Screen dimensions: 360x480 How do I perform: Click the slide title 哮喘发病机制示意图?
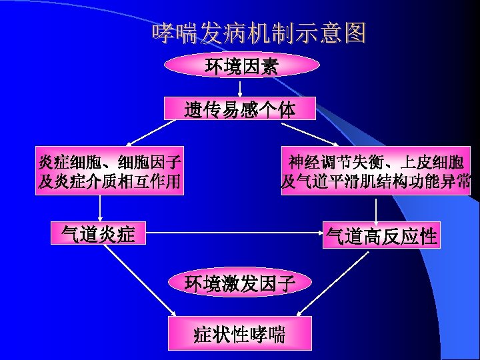click(259, 33)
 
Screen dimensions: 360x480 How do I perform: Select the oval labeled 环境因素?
click(241, 66)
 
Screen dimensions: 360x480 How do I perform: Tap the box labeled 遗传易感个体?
click(241, 109)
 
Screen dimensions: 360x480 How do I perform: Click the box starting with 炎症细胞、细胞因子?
click(109, 171)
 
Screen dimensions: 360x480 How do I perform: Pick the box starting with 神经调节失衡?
click(375, 171)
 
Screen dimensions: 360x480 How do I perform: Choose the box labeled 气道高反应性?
click(381, 235)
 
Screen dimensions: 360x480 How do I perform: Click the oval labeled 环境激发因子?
click(241, 283)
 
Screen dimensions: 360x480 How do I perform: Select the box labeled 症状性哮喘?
click(240, 333)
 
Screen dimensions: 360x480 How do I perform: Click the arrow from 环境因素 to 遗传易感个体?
click(241, 87)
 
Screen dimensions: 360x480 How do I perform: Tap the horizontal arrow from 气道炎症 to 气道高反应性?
click(233, 233)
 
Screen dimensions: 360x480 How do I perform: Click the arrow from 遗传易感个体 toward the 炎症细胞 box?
click(147, 133)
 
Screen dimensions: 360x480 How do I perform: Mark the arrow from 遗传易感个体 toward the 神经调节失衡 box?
click(313, 133)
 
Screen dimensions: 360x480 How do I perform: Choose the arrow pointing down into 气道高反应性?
click(376, 209)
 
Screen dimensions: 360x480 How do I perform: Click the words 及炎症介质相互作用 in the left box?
click(109, 181)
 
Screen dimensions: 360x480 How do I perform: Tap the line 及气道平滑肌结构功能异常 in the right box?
click(375, 181)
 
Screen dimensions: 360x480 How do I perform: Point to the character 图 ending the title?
click(355, 33)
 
